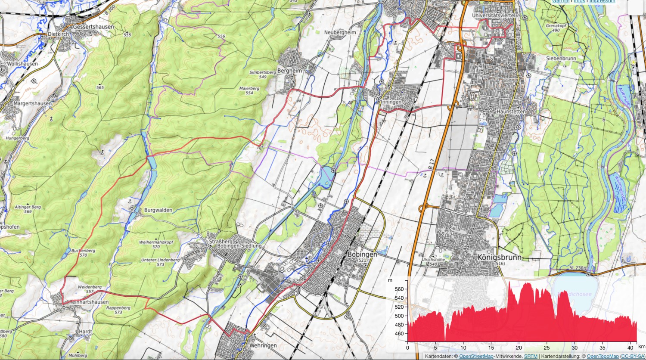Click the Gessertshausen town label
[93, 27]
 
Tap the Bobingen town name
[362, 254]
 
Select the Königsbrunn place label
[499, 257]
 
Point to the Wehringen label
[263, 345]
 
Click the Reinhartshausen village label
[89, 302]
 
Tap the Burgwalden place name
[158, 210]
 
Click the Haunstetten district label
[511, 112]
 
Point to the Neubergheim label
[340, 32]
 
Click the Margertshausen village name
[32, 104]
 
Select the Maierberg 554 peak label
[249, 90]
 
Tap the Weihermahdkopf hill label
[155, 245]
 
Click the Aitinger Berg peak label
[28, 209]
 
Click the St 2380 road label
[577, 268]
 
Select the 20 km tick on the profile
[519, 348]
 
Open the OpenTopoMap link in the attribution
[603, 356]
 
